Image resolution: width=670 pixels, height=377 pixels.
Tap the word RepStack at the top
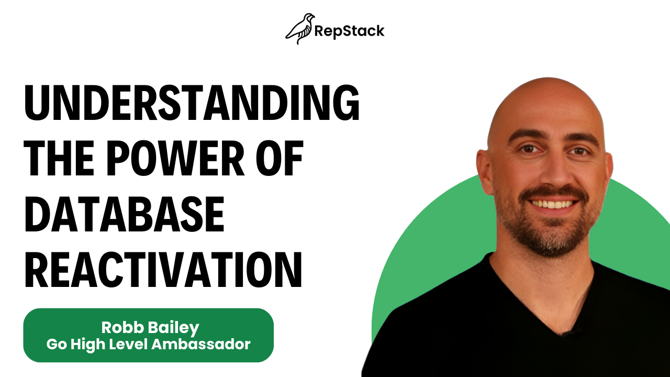(349, 31)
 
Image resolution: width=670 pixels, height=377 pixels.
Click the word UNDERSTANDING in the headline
(192, 102)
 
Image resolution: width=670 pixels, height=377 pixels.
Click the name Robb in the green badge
(122, 327)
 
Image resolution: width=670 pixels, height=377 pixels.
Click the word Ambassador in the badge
(201, 345)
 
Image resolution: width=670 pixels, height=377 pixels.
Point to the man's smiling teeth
(552, 205)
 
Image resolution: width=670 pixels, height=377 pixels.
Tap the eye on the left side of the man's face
(529, 149)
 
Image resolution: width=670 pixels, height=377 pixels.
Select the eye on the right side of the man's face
(579, 151)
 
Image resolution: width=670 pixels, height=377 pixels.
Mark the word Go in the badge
(57, 345)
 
